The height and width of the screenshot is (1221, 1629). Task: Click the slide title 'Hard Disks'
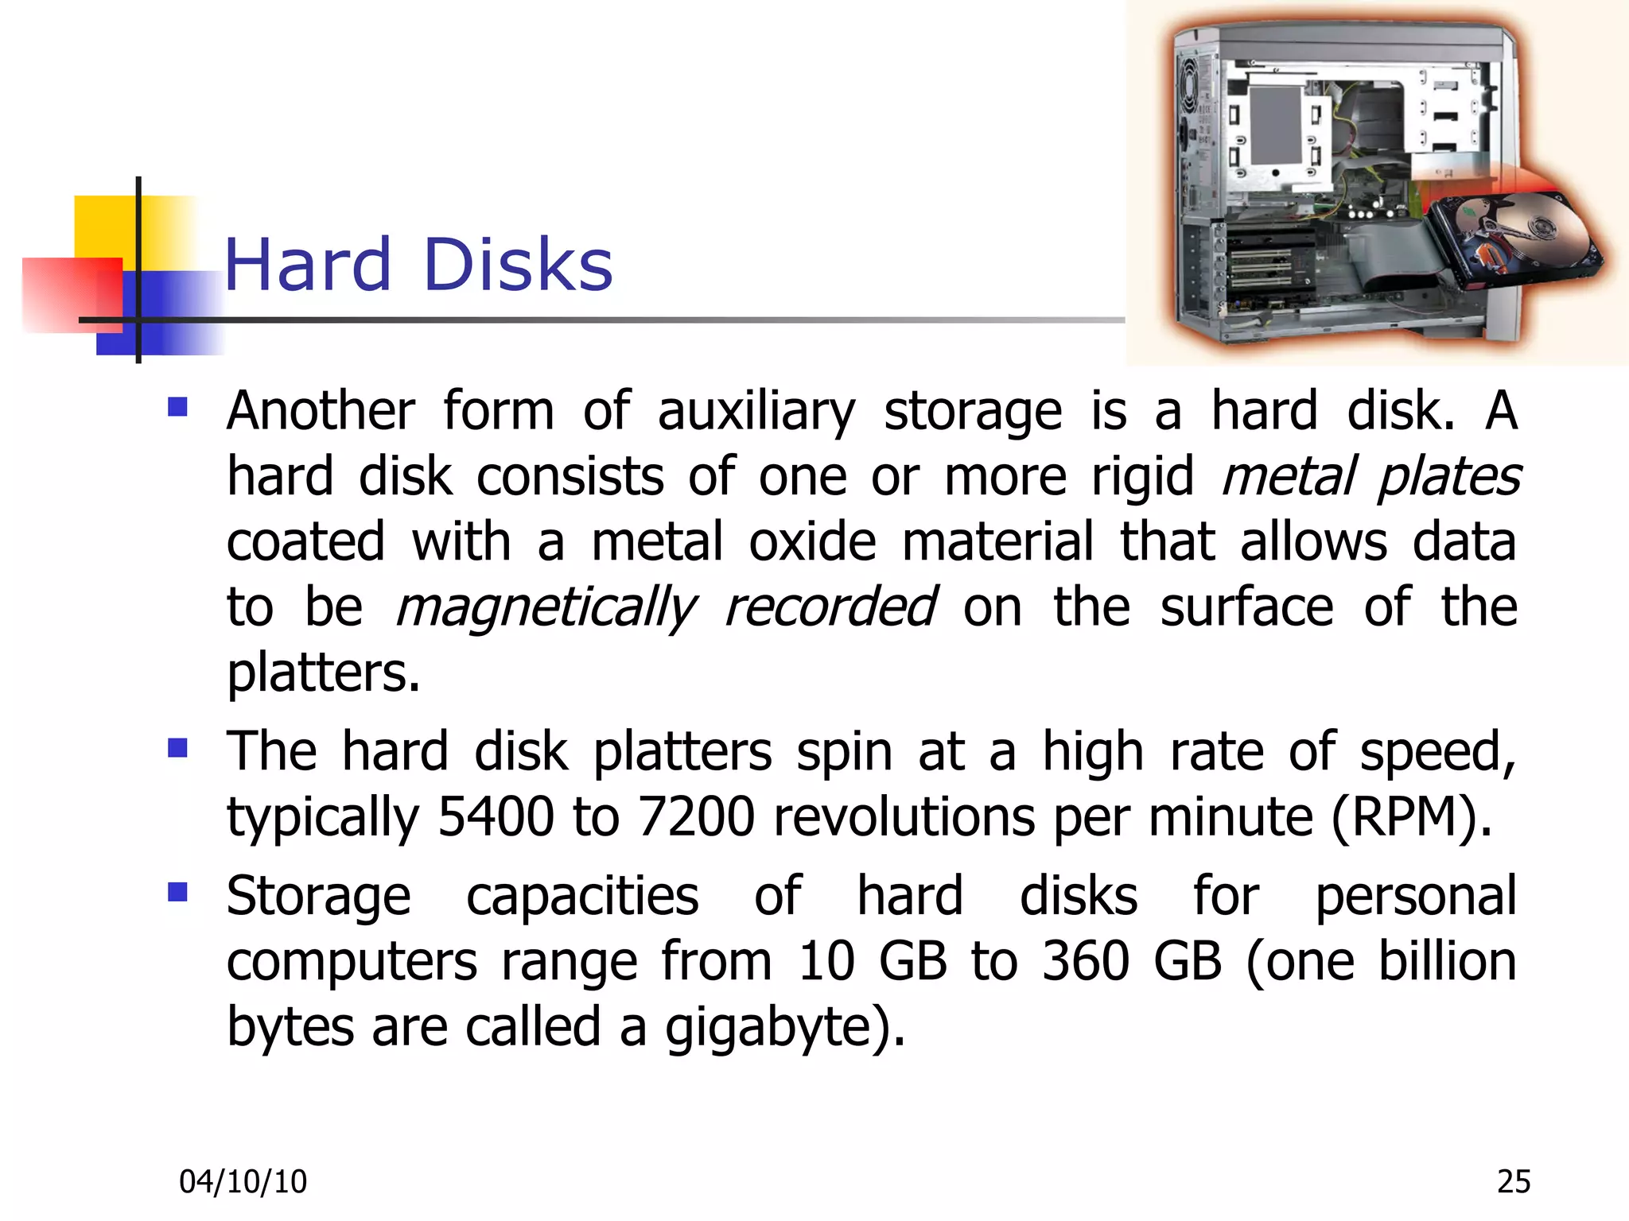coord(418,265)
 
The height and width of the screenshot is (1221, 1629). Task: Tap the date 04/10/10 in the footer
coord(243,1182)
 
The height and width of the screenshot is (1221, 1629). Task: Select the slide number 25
coord(1513,1182)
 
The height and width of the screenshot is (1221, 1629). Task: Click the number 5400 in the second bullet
coord(496,817)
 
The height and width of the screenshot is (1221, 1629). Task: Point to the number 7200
coord(696,817)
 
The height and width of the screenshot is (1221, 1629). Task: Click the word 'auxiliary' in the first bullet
coord(756,412)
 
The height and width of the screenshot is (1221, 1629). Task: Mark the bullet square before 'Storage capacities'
coord(177,892)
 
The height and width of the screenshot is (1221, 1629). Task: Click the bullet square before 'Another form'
coord(177,408)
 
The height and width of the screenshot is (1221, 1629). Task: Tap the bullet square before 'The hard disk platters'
coord(177,748)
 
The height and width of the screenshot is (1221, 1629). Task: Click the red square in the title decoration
coord(72,294)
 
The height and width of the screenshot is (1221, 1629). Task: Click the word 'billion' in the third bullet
coord(1447,962)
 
